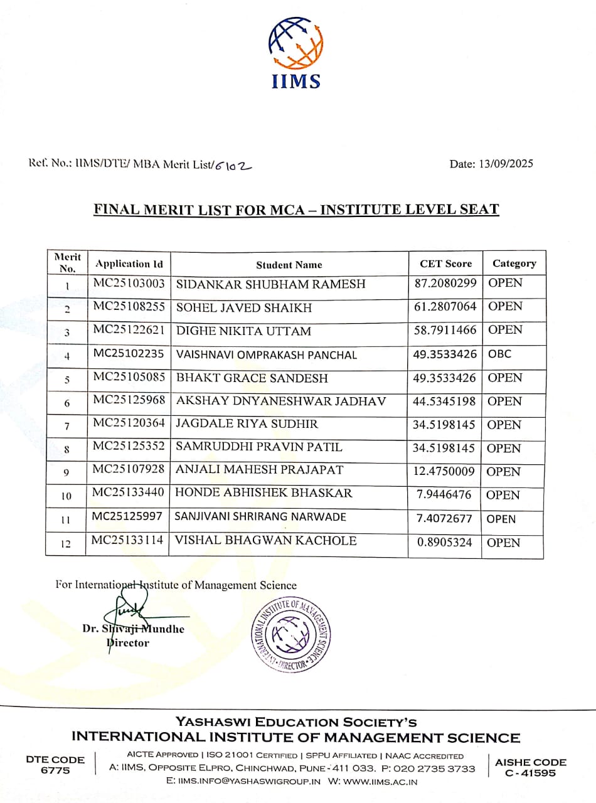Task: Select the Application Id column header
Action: pyautogui.click(x=129, y=264)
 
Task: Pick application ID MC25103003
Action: pyautogui.click(x=129, y=284)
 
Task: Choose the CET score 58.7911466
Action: pyautogui.click(x=445, y=331)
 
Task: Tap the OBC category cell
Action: pyautogui.click(x=500, y=354)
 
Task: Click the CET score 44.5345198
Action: pyautogui.click(x=445, y=401)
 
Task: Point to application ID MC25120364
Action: pyautogui.click(x=129, y=424)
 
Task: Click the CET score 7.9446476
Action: pyautogui.click(x=444, y=495)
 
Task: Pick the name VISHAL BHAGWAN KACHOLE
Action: pyautogui.click(x=267, y=541)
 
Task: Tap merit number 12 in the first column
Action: pyautogui.click(x=66, y=545)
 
